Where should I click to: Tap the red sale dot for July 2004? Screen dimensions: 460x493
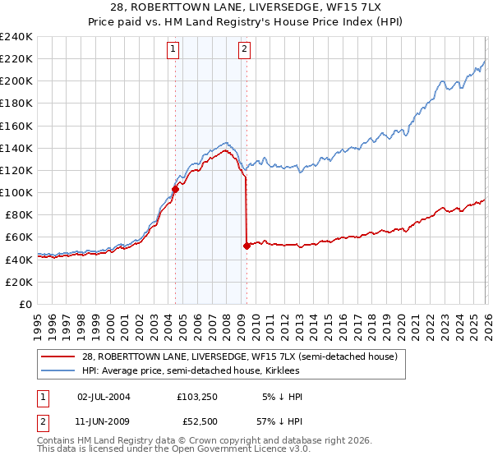coord(175,189)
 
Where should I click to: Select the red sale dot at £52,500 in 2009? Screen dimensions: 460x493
coord(246,245)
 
